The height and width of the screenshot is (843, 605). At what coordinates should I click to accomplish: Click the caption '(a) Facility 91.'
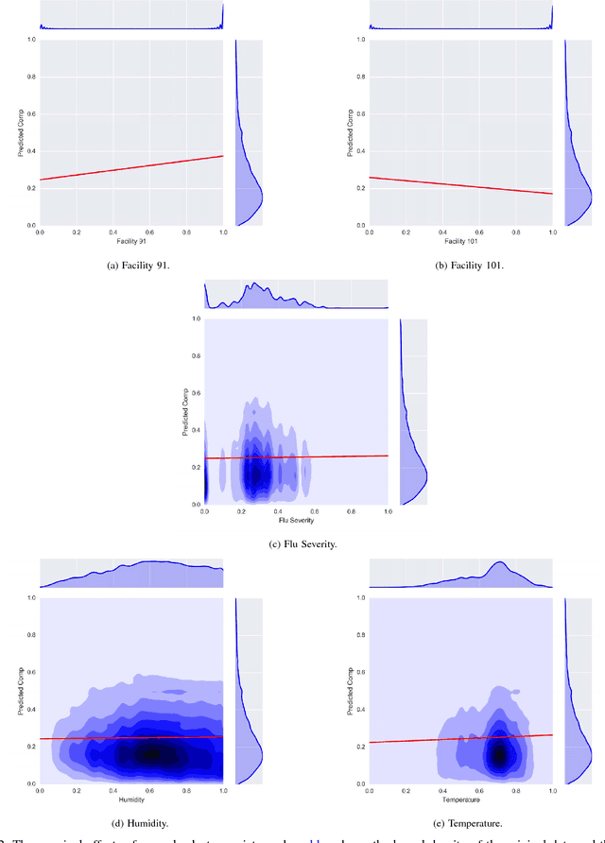131,265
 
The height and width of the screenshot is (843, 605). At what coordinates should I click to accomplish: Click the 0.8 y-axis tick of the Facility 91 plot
30,77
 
